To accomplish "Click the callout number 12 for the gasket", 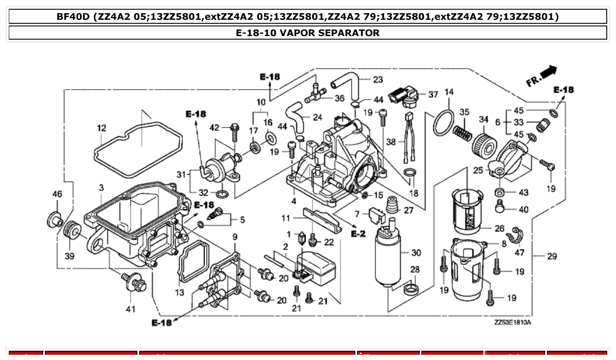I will click(102, 128).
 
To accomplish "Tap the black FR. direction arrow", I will click(548, 72).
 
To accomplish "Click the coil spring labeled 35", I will click(462, 131).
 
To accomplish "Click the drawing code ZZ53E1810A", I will click(513, 323).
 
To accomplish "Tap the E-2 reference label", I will click(358, 234).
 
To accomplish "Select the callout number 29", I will click(552, 256).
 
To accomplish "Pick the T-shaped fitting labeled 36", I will click(315, 94).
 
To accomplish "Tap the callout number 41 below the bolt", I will click(130, 309).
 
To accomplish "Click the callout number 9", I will click(235, 238).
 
